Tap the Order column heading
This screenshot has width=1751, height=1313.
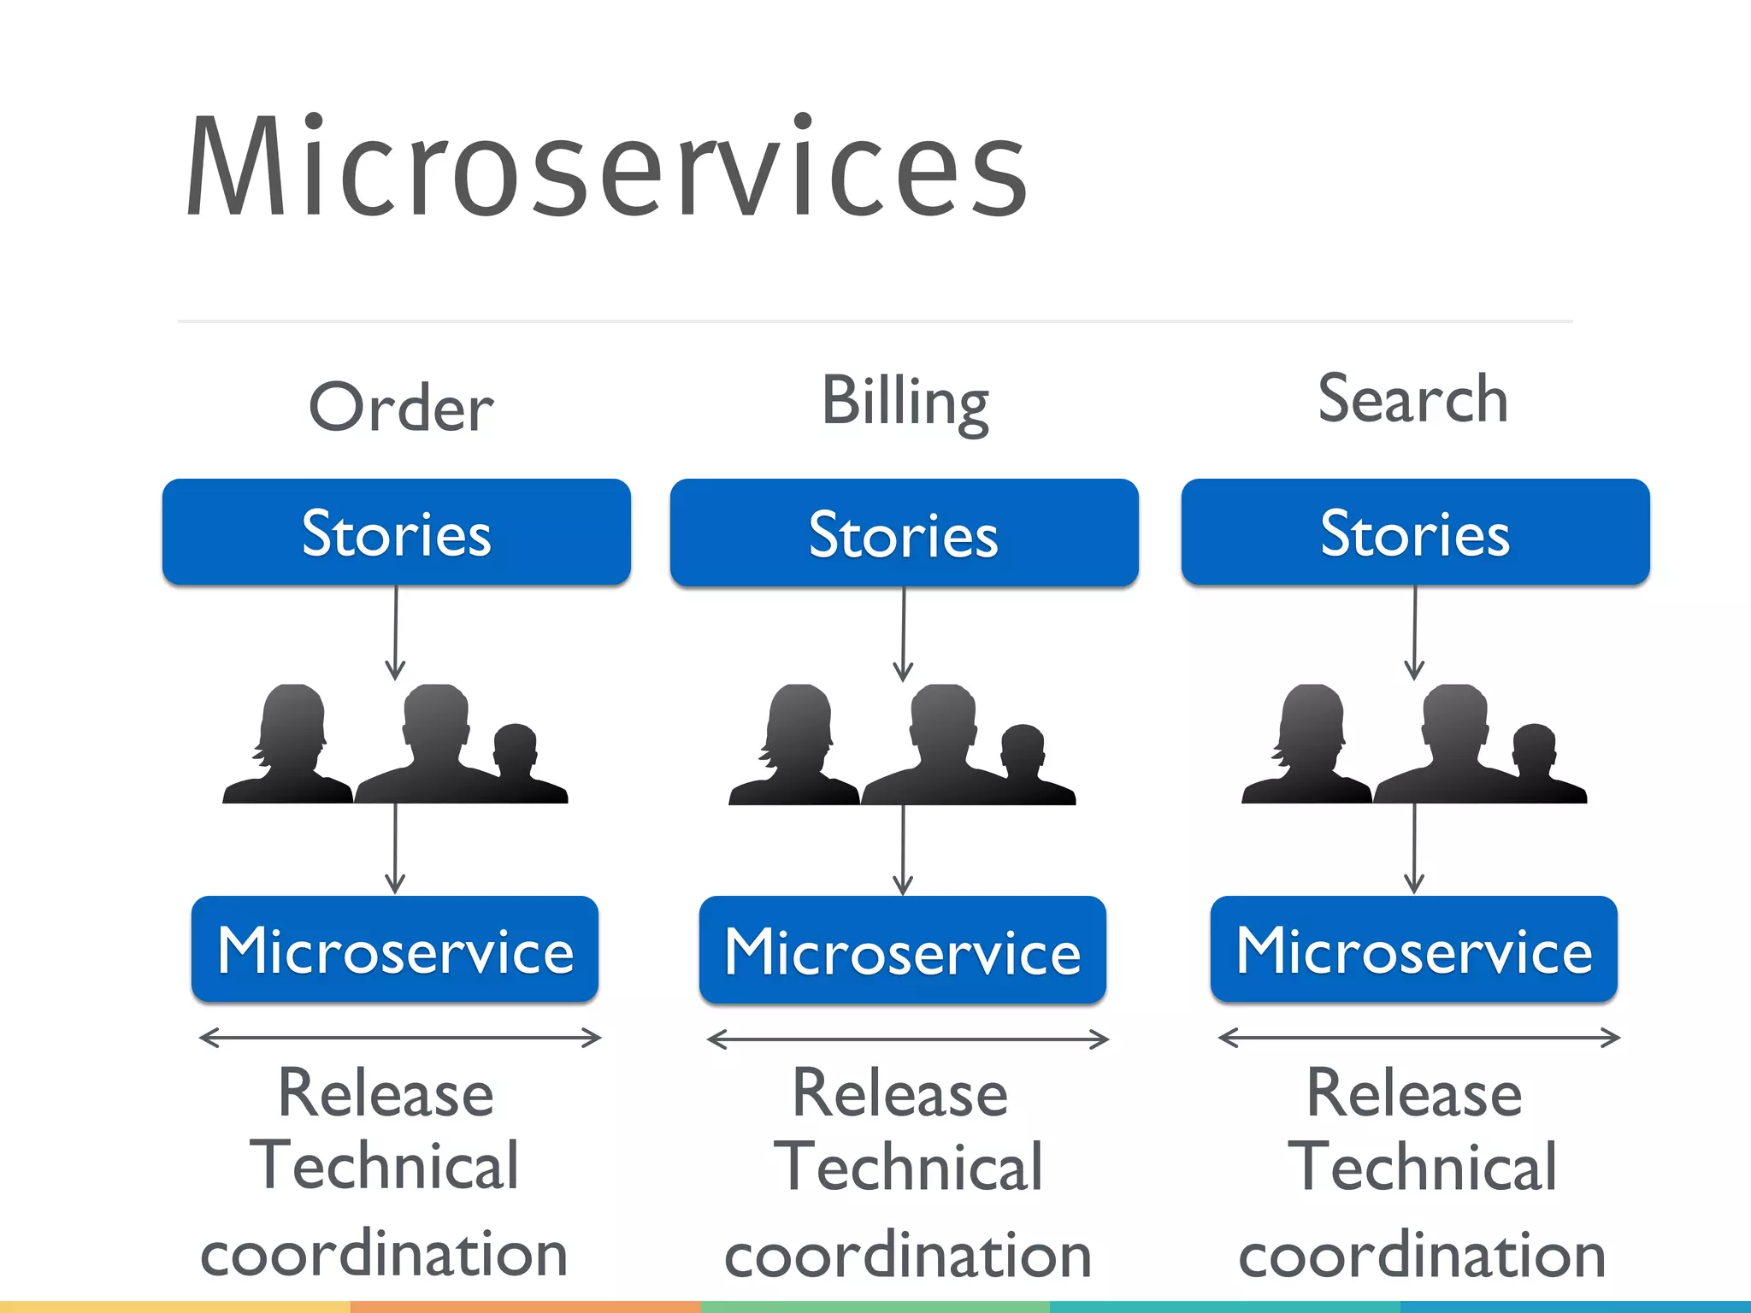400,408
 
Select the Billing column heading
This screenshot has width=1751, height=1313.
905,402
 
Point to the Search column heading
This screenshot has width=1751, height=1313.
1412,399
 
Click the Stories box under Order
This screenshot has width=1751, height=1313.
397,533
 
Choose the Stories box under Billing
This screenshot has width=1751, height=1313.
904,533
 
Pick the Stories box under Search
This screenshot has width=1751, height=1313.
1415,533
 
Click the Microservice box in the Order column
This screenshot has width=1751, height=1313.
395,950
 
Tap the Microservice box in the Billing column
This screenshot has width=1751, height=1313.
903,951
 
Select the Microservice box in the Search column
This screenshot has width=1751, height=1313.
1414,950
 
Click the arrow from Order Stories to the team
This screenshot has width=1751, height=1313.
395,633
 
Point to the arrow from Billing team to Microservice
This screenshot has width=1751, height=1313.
903,851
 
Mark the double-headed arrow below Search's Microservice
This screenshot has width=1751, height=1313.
1418,1038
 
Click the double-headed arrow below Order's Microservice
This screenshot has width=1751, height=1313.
400,1038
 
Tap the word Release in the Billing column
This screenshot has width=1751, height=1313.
899,1093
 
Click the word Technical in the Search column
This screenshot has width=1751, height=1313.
1422,1167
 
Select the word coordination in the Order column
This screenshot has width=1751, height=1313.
384,1254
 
